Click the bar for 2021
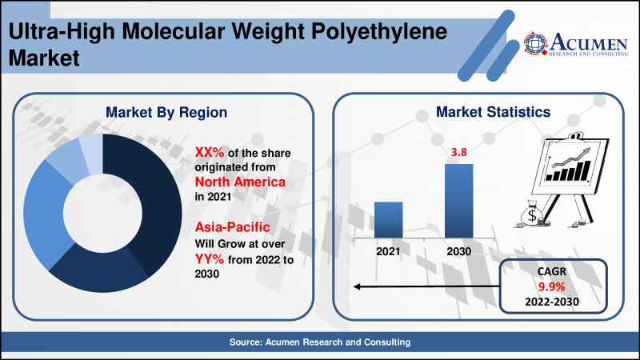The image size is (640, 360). click(388, 219)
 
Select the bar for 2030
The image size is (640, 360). click(458, 201)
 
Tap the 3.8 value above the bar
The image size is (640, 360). click(458, 152)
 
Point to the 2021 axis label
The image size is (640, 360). click(388, 251)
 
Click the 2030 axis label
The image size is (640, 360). click(458, 251)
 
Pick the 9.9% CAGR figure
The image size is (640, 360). click(551, 286)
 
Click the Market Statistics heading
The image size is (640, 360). click(493, 112)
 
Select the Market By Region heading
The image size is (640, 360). click(166, 112)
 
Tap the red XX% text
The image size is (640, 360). click(210, 152)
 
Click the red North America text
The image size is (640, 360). click(240, 182)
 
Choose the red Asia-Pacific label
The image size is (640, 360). click(232, 227)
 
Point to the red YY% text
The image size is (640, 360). click(210, 258)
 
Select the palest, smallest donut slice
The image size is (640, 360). click(91, 153)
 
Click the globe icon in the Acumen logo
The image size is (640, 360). click(535, 43)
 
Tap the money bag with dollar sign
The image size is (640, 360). click(532, 214)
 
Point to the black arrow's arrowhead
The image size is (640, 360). click(357, 286)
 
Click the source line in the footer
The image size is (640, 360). click(319, 342)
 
